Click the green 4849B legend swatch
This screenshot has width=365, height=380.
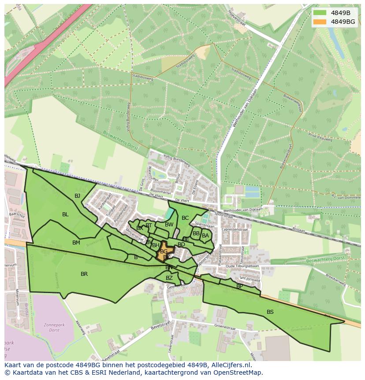pyautogui.click(x=320, y=13)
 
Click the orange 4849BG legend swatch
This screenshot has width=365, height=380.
pyautogui.click(x=320, y=22)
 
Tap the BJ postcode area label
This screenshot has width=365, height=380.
pyautogui.click(x=78, y=196)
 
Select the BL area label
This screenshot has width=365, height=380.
pyautogui.click(x=65, y=214)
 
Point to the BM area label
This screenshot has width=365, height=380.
pyautogui.click(x=76, y=242)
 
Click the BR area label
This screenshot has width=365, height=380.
pyautogui.click(x=84, y=274)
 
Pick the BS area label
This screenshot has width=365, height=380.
pyautogui.click(x=270, y=312)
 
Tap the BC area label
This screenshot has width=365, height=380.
pyautogui.click(x=185, y=218)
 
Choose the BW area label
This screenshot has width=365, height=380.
pyautogui.click(x=169, y=224)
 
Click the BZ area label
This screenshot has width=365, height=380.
pyautogui.click(x=169, y=278)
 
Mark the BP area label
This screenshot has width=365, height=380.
pyautogui.click(x=239, y=286)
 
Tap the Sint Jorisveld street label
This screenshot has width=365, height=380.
pyautogui.click(x=250, y=279)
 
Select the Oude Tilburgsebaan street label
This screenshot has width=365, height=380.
pyautogui.click(x=241, y=266)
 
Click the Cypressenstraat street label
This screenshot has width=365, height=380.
pyautogui.click(x=235, y=230)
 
